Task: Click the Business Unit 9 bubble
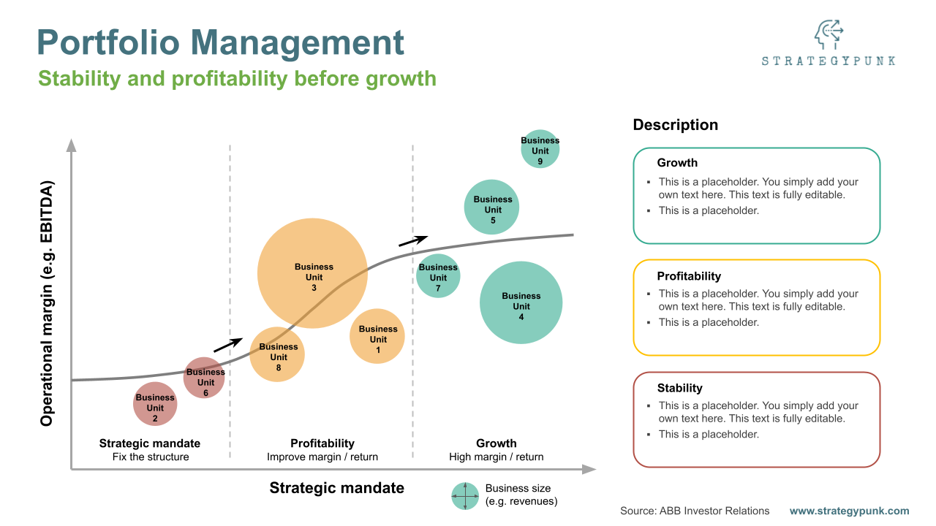point(540,150)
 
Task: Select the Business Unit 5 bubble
point(492,207)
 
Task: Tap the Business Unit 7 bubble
point(438,275)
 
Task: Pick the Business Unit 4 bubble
point(521,302)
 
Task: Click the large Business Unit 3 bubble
point(312,273)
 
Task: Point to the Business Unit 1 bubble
point(377,336)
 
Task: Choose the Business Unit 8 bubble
point(277,354)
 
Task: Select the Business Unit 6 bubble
point(204,378)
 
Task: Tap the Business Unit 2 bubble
point(155,404)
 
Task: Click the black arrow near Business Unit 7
point(413,240)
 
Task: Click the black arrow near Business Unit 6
point(227,344)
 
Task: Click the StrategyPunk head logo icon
point(829,35)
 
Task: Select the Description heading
point(675,125)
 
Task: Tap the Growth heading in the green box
point(677,163)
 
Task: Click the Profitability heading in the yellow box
point(689,276)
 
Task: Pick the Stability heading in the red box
point(679,388)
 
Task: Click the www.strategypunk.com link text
point(849,511)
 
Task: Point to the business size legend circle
point(464,496)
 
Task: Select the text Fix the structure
point(151,457)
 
